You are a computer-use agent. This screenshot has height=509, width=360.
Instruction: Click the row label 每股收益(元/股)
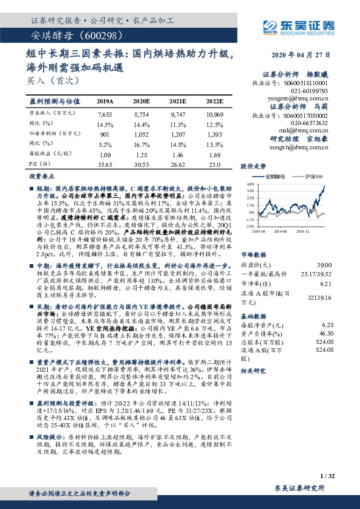47,154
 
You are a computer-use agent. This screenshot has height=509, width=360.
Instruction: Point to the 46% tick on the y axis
249,183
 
